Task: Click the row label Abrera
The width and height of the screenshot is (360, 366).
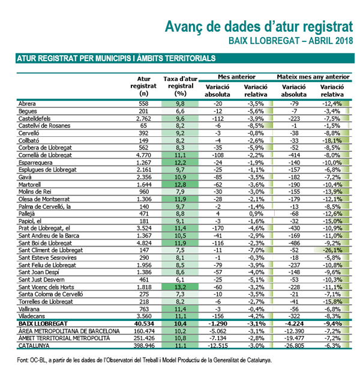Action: tap(27, 104)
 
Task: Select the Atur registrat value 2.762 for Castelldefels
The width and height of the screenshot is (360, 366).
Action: tap(144, 119)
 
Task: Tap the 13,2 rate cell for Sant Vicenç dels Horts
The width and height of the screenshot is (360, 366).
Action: tap(180, 287)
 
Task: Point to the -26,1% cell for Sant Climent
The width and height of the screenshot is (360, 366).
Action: tap(332, 250)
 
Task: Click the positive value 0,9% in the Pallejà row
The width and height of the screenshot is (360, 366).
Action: tap(256, 214)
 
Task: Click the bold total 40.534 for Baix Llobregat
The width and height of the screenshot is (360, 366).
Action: tap(144, 324)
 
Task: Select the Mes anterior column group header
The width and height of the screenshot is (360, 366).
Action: tap(236, 77)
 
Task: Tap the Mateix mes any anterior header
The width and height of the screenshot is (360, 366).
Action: tap(313, 77)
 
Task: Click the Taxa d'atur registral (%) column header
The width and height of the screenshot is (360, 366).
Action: tap(181, 86)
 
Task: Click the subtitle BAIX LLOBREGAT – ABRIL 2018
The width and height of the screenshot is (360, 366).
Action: tap(290, 41)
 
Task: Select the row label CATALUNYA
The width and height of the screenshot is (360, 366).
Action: tap(34, 346)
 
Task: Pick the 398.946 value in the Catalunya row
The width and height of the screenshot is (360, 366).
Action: tap(144, 346)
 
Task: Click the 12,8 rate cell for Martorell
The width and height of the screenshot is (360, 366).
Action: tap(180, 185)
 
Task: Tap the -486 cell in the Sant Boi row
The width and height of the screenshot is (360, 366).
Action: tap(293, 243)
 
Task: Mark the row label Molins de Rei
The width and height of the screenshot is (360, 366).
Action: tap(35, 191)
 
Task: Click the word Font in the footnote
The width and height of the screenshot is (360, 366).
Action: tap(22, 360)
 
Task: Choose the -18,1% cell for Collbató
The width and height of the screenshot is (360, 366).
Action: tap(332, 140)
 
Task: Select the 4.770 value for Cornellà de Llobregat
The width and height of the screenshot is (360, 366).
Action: tap(144, 155)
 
